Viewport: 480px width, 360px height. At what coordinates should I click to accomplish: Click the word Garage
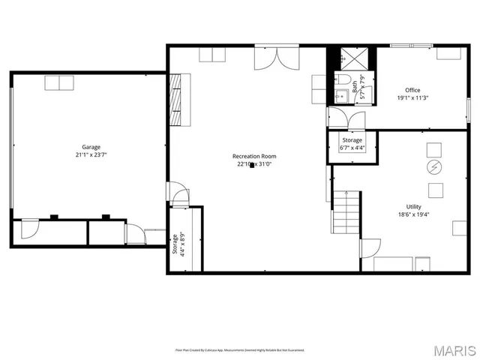pyautogui.click(x=91, y=147)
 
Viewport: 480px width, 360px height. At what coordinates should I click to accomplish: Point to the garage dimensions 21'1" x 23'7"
pyautogui.click(x=91, y=155)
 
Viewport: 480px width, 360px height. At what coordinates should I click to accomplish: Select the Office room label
pyautogui.click(x=412, y=90)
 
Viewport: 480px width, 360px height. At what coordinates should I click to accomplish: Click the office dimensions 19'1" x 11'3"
pyautogui.click(x=412, y=98)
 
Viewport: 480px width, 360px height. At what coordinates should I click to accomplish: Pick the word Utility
pyautogui.click(x=413, y=206)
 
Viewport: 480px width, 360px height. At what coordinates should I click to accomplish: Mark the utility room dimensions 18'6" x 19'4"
pyautogui.click(x=413, y=214)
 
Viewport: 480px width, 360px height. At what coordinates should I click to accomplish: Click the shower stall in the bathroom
pyautogui.click(x=351, y=59)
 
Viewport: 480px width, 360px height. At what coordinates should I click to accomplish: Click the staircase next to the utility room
pyautogui.click(x=346, y=211)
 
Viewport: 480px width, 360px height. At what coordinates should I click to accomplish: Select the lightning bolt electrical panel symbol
pyautogui.click(x=433, y=166)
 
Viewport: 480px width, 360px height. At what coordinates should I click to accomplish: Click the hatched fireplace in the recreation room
pyautogui.click(x=176, y=98)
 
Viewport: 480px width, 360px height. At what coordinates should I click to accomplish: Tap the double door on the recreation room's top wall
pyautogui.click(x=270, y=58)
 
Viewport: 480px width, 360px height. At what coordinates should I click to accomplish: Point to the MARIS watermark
pyautogui.click(x=454, y=349)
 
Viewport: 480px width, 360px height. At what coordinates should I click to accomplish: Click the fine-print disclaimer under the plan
pyautogui.click(x=240, y=349)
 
